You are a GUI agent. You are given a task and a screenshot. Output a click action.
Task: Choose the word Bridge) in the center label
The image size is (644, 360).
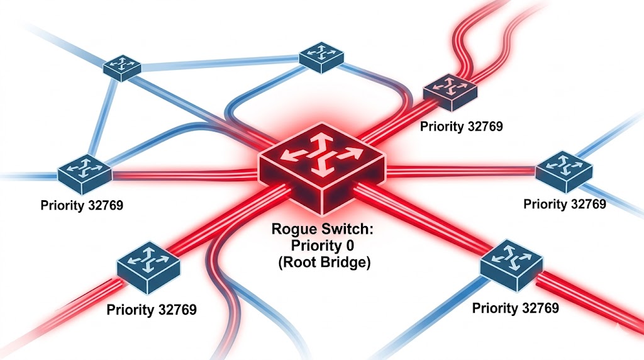pyautogui.click(x=346, y=262)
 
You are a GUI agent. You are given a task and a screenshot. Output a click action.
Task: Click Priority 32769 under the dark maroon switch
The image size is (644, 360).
pyautogui.click(x=462, y=127)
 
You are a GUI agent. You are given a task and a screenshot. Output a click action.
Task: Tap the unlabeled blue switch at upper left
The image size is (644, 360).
pyautogui.click(x=122, y=66)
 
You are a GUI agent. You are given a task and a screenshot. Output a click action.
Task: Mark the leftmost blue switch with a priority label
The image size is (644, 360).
pyautogui.click(x=84, y=172)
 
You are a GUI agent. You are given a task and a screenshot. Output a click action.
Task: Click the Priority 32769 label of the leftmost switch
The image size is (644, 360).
pyautogui.click(x=81, y=205)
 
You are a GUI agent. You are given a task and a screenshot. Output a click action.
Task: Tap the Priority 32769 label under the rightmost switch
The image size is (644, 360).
pyautogui.click(x=564, y=204)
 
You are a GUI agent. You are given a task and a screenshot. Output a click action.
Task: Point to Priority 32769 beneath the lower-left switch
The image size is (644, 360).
pyautogui.click(x=151, y=310)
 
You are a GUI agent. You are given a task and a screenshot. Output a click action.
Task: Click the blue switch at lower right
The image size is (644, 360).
pyautogui.click(x=511, y=264)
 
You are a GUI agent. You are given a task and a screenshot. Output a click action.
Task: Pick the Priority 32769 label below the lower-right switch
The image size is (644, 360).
pyautogui.click(x=515, y=308)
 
